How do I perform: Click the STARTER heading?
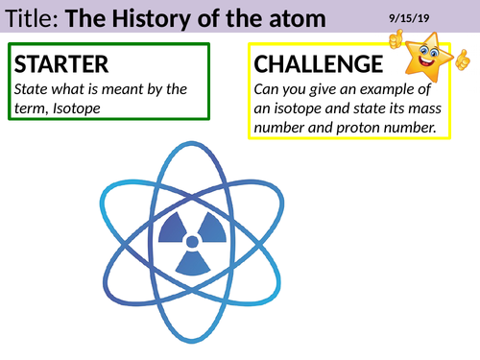tap(60, 65)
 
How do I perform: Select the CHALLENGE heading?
tap(312, 65)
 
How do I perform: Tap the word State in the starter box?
tap(32, 90)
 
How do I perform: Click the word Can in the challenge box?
tap(268, 90)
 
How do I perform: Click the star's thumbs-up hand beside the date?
tap(396, 38)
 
